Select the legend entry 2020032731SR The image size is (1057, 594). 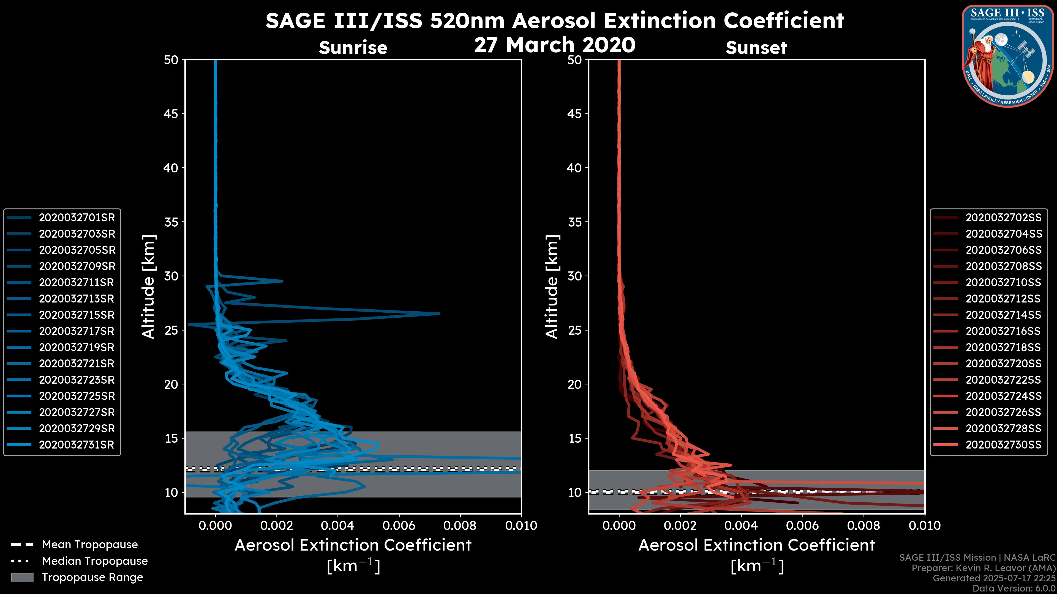click(76, 445)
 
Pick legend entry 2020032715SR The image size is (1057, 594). click(76, 315)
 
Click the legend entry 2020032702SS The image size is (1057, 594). click(1003, 218)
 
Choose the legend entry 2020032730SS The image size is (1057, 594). click(1003, 445)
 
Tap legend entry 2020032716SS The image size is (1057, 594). click(1003, 331)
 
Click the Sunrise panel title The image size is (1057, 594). click(353, 48)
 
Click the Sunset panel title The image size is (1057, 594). click(756, 48)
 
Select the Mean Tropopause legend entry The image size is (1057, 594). click(90, 545)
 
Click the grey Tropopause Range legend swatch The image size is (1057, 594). click(22, 577)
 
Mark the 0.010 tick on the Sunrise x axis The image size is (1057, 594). click(521, 526)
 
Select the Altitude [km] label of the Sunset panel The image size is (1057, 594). click(552, 287)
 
